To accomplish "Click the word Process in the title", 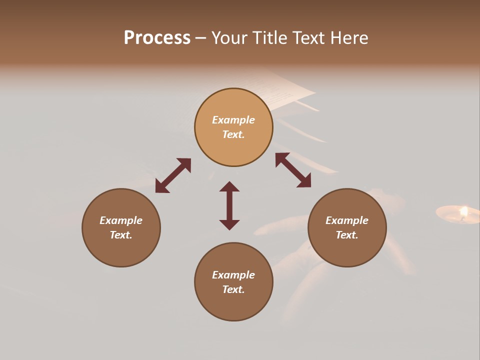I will coord(157,38).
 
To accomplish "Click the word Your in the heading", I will coord(229,38).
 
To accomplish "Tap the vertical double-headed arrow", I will coord(229,205).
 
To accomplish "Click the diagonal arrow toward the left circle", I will coord(173,175).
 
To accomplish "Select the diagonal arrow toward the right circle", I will coord(293,170).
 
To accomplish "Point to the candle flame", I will coord(464,211).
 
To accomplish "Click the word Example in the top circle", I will coord(233,120).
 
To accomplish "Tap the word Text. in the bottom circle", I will coord(233,289).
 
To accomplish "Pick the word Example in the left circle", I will coord(121,220).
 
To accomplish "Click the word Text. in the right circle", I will coord(347,235).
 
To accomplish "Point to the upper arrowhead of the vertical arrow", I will coord(229,186).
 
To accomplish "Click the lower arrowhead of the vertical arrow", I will coord(229,224).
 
